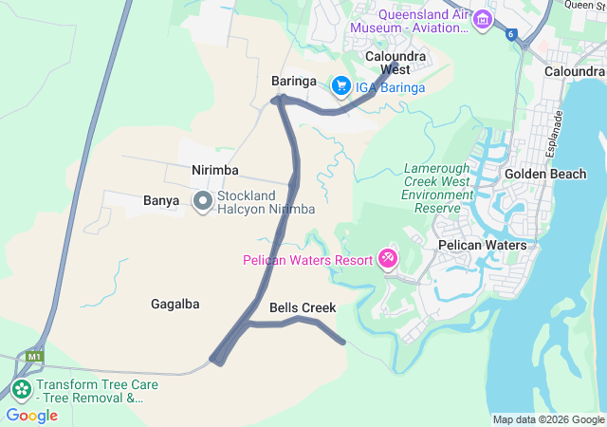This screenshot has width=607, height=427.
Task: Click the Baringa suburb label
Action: (292, 81)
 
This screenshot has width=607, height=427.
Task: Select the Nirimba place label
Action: (215, 170)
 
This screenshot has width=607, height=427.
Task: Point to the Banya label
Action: (161, 201)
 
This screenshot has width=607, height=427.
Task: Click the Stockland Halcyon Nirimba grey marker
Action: (202, 201)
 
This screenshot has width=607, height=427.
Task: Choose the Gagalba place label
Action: (175, 305)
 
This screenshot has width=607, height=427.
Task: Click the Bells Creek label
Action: (303, 308)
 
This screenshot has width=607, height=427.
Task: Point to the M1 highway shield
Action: (34, 357)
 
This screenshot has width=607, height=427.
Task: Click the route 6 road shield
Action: (511, 34)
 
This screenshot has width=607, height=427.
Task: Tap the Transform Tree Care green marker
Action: (21, 389)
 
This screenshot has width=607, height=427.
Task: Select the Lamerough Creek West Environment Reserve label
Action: (437, 187)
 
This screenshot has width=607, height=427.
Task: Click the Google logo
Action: (31, 416)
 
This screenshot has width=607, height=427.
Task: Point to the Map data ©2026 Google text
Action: (548, 420)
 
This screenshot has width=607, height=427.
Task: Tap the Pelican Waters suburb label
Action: (482, 245)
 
